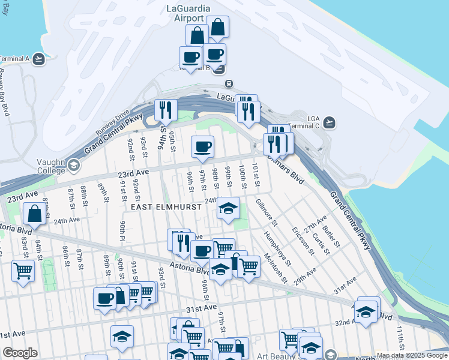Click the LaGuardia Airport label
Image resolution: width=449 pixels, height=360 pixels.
188,13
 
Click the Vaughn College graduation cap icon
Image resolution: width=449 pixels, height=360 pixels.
73,164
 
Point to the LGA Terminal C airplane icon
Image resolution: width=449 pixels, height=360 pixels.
328,122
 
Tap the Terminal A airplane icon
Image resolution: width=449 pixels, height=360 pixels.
38,59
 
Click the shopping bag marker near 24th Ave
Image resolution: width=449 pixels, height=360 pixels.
34,213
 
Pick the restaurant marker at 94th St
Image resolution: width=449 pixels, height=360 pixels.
165,110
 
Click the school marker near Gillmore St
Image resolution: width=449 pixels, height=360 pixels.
228,208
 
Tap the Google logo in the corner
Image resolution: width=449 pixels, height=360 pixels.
20,353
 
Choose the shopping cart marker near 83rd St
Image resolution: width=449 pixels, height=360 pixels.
23,271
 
